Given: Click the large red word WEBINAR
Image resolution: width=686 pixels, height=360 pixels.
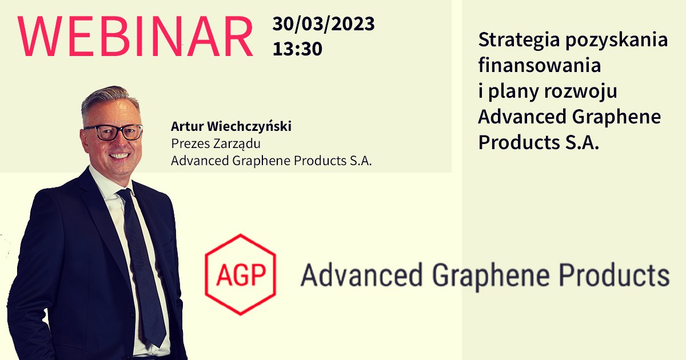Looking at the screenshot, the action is pyautogui.click(x=135, y=36).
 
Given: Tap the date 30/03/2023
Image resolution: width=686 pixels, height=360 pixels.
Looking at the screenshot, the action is pyautogui.click(x=324, y=24).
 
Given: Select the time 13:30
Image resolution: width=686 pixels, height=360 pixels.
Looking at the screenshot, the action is pyautogui.click(x=297, y=49).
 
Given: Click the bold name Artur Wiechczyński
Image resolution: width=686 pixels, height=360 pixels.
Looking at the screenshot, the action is pyautogui.click(x=231, y=126).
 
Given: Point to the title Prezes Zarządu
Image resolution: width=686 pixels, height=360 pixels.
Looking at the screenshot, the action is pyautogui.click(x=216, y=144).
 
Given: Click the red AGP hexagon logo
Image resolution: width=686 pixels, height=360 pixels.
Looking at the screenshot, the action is pyautogui.click(x=241, y=275).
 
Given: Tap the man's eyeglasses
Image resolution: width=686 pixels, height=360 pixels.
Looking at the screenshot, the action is pyautogui.click(x=114, y=132).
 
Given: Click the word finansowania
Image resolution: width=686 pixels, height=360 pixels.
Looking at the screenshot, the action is pyautogui.click(x=539, y=65).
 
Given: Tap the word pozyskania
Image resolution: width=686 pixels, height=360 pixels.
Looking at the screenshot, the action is pyautogui.click(x=616, y=41).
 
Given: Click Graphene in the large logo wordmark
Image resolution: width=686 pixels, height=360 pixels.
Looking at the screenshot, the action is pyautogui.click(x=491, y=275).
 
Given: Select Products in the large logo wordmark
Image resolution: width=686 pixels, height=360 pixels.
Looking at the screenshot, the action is pyautogui.click(x=614, y=275).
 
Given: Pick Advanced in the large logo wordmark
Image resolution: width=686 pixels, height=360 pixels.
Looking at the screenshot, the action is pyautogui.click(x=361, y=275).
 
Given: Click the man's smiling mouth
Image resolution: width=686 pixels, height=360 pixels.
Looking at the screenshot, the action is pyautogui.click(x=119, y=156).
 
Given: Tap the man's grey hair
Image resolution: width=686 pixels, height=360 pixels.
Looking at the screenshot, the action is pyautogui.click(x=108, y=99).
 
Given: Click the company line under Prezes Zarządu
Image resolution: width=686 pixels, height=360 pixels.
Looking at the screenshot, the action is pyautogui.click(x=272, y=161).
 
